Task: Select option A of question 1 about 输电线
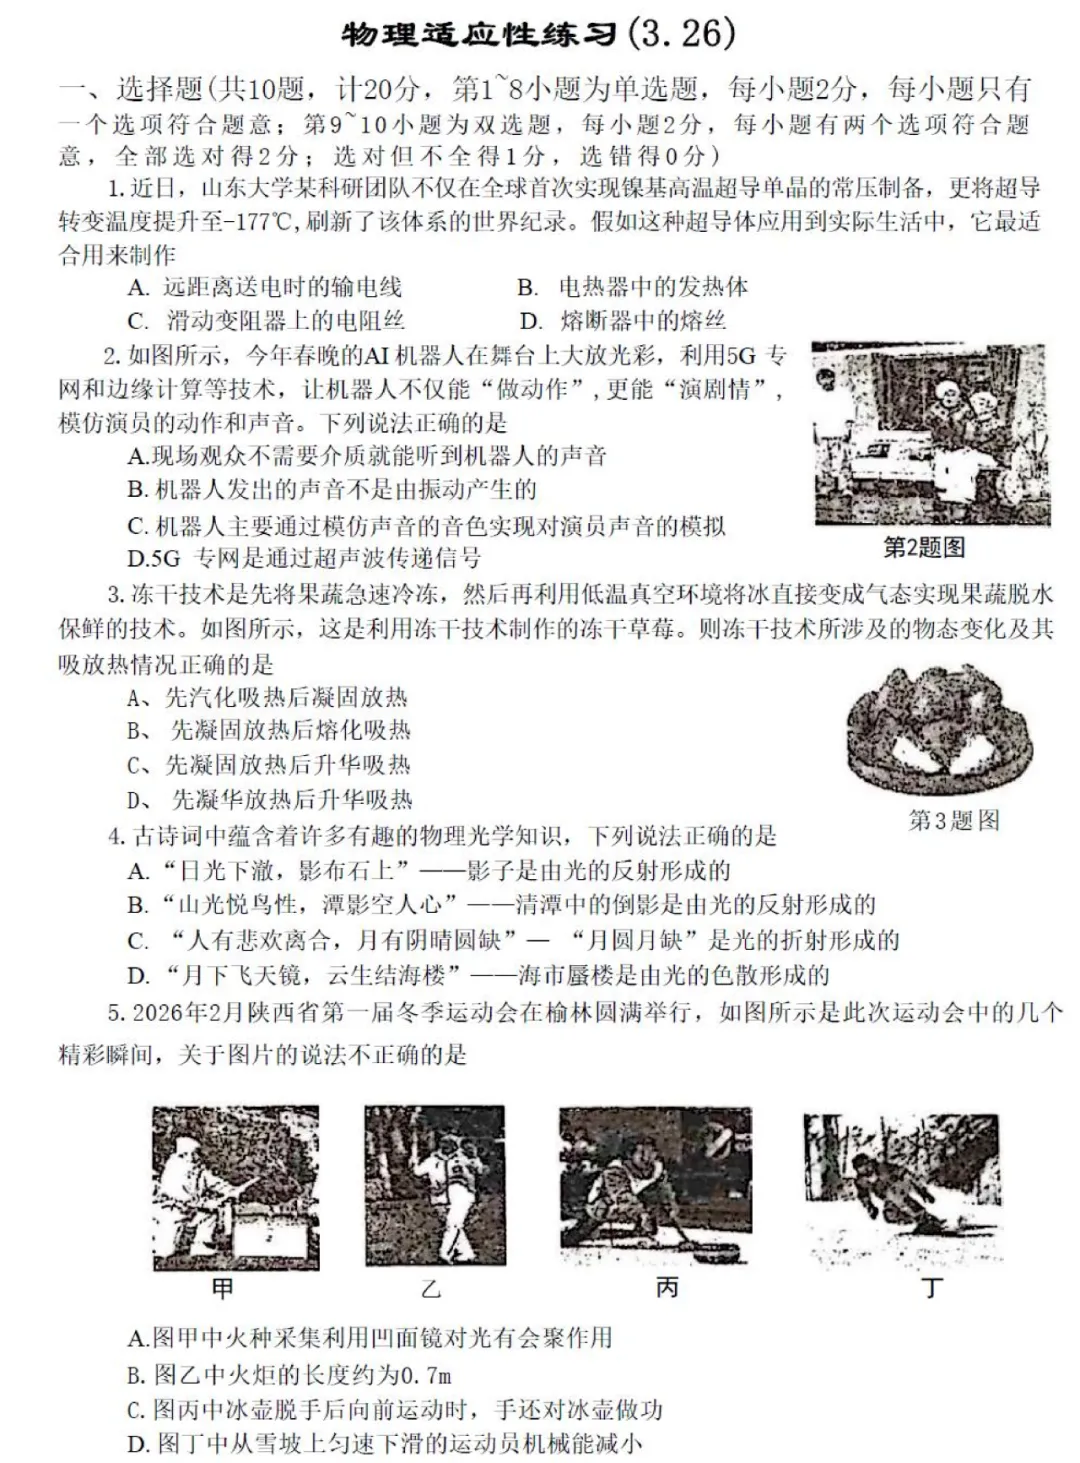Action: point(265,288)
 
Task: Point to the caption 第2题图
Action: point(924,547)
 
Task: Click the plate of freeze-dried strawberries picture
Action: point(924,730)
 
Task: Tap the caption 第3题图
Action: point(953,821)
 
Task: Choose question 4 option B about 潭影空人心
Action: point(500,905)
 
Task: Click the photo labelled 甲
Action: point(236,1187)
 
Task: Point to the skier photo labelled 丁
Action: point(901,1187)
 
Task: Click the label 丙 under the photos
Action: point(667,1287)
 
